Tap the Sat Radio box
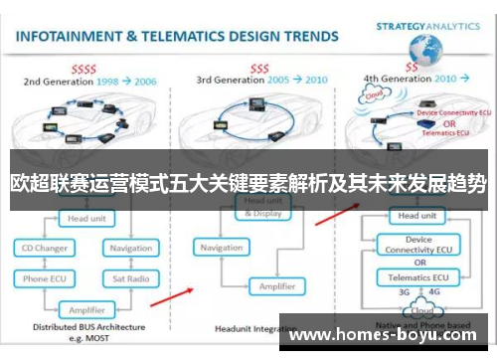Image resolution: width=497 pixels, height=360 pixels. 130,278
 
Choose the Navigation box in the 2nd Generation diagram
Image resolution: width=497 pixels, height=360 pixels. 130,248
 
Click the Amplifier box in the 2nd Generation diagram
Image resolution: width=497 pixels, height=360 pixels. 86,309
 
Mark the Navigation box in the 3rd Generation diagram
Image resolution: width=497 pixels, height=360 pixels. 221,248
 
